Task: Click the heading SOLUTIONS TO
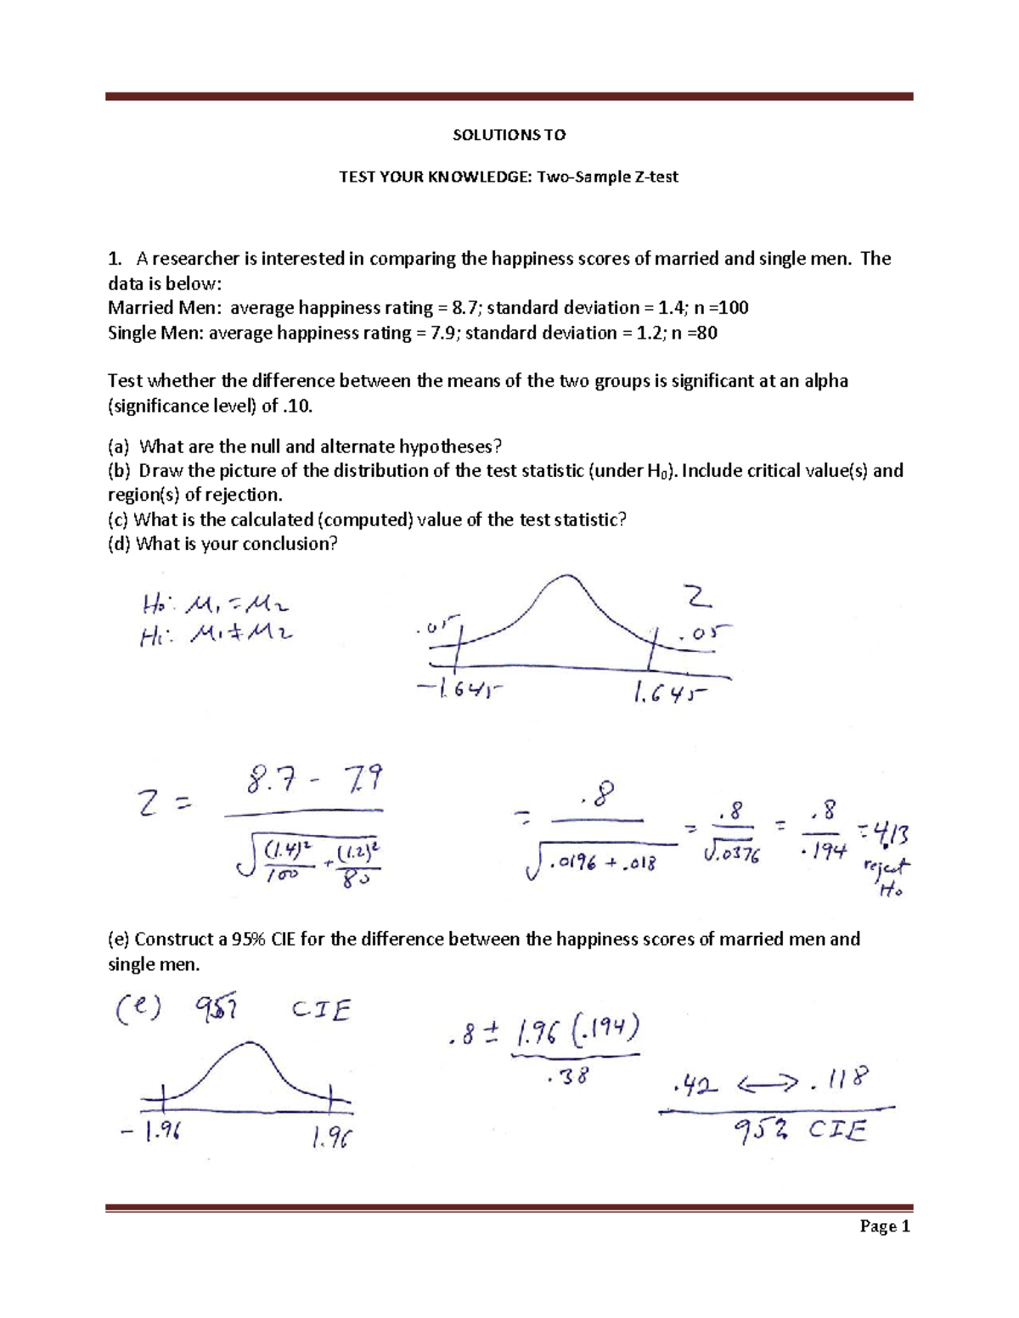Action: point(509,134)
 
